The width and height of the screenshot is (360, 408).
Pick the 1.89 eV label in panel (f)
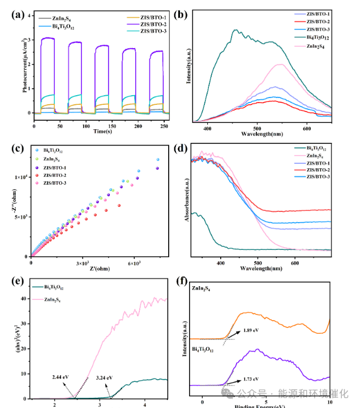(x=251, y=329)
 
